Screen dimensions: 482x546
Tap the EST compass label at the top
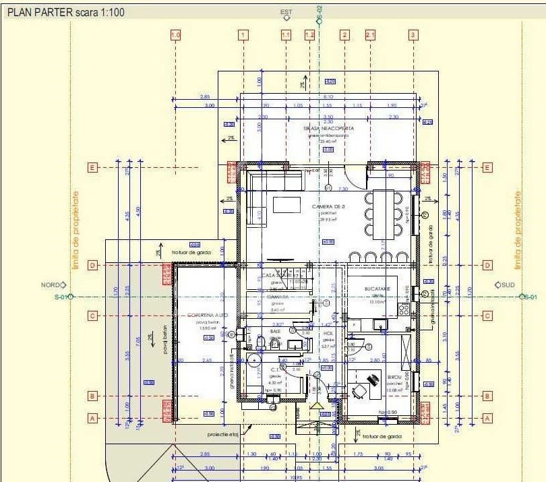286,12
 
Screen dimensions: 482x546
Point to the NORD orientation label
50,285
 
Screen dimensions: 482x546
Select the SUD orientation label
506,285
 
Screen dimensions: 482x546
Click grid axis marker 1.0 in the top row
176,34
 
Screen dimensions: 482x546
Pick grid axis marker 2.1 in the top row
370,34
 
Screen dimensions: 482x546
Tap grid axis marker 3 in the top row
413,34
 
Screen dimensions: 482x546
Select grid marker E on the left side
94,167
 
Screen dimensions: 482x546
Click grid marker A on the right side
487,418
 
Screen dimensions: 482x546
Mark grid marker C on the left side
94,315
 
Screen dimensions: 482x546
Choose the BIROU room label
394,378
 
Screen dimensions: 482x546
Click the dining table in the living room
385,212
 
